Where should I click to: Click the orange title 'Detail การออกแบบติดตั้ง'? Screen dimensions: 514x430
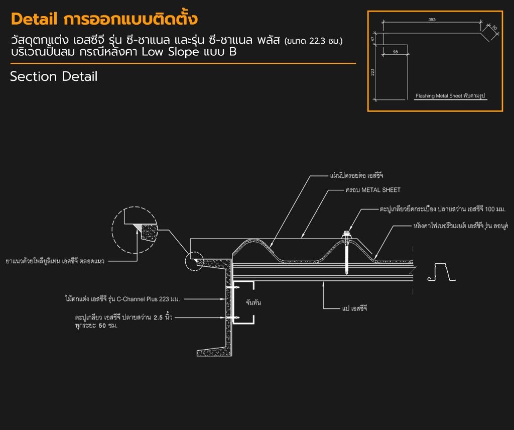pyautogui.click(x=104, y=19)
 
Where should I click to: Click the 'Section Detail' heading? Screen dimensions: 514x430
pyautogui.click(x=54, y=76)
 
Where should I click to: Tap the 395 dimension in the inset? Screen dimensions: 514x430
pyautogui.click(x=432, y=20)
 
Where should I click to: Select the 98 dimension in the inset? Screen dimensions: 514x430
pyautogui.click(x=396, y=52)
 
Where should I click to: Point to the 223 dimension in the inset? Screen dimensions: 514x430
pyautogui.click(x=373, y=72)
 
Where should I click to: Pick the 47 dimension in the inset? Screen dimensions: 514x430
pyautogui.click(x=373, y=39)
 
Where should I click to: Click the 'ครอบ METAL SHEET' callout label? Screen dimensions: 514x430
pyautogui.click(x=373, y=190)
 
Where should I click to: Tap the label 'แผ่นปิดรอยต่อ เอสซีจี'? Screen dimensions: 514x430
pyautogui.click(x=357, y=175)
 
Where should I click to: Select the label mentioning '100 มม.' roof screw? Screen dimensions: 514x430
pyautogui.click(x=443, y=209)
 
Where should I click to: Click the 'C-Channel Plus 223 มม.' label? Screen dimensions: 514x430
pyautogui.click(x=122, y=299)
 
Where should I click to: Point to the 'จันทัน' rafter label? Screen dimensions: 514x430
pyautogui.click(x=253, y=302)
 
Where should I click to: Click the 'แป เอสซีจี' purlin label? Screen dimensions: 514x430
pyautogui.click(x=354, y=308)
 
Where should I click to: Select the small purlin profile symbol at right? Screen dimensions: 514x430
pyautogui.click(x=442, y=272)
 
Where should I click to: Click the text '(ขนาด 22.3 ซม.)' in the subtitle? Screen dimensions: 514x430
pyautogui.click(x=313, y=41)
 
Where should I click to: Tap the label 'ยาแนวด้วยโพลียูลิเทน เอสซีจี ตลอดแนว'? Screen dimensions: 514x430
pyautogui.click(x=55, y=261)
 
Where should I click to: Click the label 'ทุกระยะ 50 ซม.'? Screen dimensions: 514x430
pyautogui.click(x=96, y=326)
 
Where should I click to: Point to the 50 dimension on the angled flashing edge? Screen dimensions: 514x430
pyautogui.click(x=494, y=28)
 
